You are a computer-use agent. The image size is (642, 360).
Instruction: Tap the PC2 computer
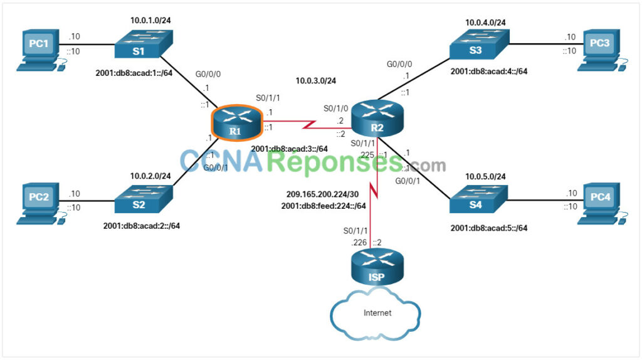pos(39,202)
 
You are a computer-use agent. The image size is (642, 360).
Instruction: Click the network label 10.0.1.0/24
pos(151,20)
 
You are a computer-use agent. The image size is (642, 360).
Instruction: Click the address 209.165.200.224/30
pos(322,194)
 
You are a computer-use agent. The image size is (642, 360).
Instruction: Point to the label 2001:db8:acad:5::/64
pos(488,228)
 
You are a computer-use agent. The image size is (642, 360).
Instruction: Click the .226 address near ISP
pos(360,242)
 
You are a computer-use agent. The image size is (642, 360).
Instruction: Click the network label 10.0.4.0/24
pos(485,23)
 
